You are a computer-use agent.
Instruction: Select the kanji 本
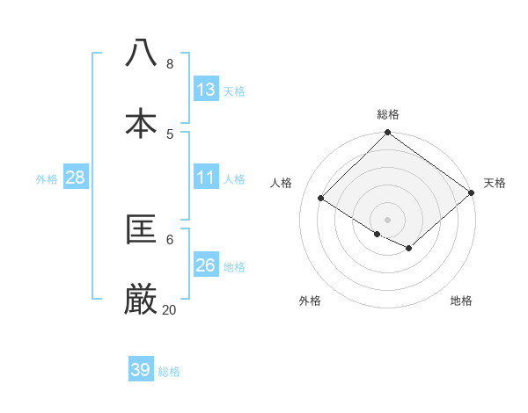[141, 122]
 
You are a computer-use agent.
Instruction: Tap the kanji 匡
[141, 230]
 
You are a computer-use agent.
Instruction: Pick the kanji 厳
[141, 300]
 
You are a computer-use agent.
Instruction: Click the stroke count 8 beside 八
[170, 63]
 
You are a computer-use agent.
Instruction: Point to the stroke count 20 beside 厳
[169, 309]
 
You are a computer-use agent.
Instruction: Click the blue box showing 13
[206, 90]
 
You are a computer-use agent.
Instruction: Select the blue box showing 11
[206, 178]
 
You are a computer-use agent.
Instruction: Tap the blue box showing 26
[206, 265]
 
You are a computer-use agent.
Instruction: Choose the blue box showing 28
[76, 178]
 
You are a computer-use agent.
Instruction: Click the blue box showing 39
[141, 370]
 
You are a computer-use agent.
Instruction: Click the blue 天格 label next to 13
[234, 91]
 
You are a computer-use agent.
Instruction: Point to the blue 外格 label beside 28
[48, 178]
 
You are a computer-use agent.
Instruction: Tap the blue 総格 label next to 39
[169, 371]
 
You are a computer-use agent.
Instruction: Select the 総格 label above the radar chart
[388, 114]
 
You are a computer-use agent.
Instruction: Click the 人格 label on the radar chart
[282, 183]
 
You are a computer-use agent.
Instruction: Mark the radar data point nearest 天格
[472, 192]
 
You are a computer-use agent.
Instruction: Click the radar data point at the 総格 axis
[388, 134]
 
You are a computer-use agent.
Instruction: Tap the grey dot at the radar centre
[388, 219]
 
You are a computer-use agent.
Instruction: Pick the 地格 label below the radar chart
[461, 301]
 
